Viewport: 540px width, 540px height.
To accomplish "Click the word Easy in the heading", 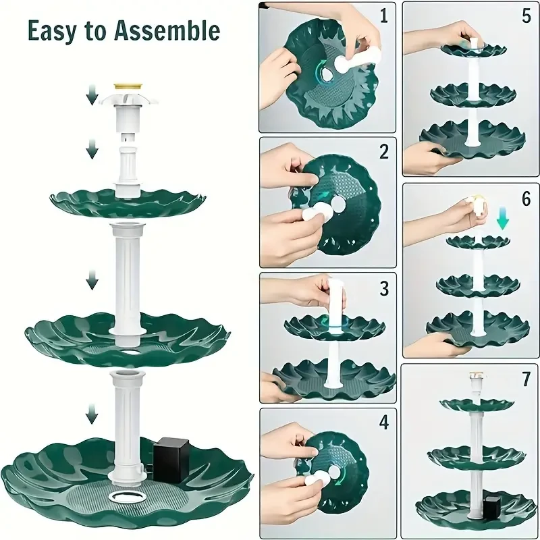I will tap(52, 30).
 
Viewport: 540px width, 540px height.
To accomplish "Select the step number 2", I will tap(383, 152).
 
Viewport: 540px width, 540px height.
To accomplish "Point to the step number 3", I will tap(383, 289).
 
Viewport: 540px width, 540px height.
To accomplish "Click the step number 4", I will tap(383, 424).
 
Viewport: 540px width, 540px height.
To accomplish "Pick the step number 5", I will tap(526, 16).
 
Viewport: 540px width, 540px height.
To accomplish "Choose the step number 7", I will tap(526, 379).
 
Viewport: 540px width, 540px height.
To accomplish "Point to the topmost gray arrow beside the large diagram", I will tap(92, 99).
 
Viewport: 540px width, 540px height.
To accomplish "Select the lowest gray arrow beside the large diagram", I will tap(92, 411).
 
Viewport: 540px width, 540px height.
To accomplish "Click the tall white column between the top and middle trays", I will tap(128, 277).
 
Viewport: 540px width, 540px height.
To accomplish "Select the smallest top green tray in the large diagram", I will tap(128, 201).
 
